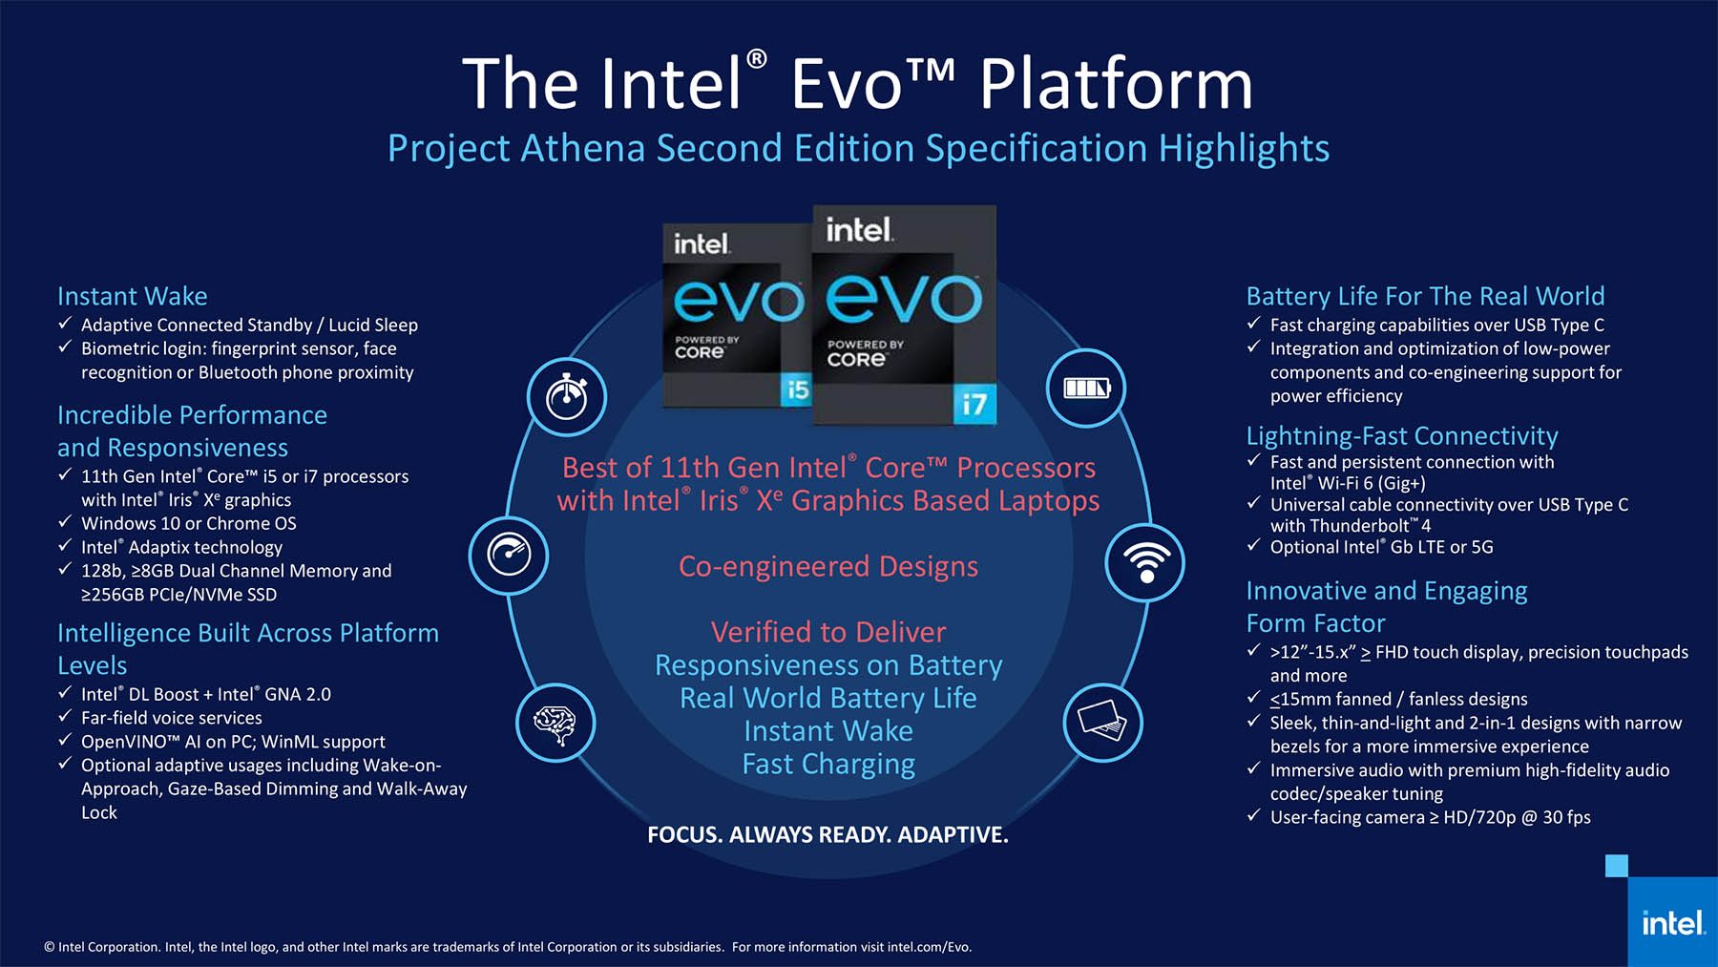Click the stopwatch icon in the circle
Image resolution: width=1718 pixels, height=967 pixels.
pos(567,396)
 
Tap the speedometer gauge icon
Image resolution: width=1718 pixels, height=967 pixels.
pos(509,555)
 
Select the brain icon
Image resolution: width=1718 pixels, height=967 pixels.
pos(555,722)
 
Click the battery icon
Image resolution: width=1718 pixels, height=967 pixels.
pos(1086,388)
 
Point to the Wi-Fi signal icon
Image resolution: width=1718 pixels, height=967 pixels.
pos(1145,561)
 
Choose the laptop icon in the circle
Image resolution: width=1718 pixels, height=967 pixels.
pos(1102,722)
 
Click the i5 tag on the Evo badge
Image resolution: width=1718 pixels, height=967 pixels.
pos(795,389)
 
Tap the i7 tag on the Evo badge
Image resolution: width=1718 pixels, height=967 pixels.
pos(974,404)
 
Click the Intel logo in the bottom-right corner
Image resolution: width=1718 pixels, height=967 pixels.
pos(1672,922)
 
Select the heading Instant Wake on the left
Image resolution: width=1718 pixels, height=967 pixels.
pos(133,296)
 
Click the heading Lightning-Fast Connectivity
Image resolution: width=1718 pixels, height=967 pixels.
pos(1402,436)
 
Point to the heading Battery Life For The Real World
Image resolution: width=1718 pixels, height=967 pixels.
pos(1426,296)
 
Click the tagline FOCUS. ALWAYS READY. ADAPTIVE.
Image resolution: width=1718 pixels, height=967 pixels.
pos(828,834)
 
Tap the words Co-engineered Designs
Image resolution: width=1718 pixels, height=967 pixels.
pos(828,566)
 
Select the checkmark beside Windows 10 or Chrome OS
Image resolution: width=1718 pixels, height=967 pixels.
pos(65,521)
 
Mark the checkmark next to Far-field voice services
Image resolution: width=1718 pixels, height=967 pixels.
pos(65,716)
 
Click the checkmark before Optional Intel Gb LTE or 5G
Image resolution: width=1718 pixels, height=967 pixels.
pos(1254,545)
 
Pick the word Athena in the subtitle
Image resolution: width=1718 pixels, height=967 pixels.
pos(582,148)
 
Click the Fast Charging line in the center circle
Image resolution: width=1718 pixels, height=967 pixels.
pos(828,765)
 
